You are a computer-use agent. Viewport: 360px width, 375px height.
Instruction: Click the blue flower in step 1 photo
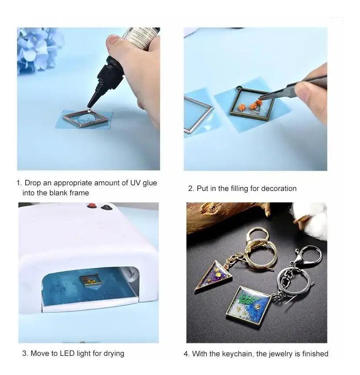pos(36,49)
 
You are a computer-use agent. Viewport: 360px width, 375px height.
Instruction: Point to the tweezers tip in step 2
pos(260,98)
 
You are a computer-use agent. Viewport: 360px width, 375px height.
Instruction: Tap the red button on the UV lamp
pos(91,205)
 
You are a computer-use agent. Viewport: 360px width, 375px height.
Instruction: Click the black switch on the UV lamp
pos(106,207)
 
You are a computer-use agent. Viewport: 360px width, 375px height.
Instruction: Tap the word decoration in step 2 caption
pos(279,188)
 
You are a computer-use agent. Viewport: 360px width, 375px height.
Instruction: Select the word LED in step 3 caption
pos(67,353)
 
